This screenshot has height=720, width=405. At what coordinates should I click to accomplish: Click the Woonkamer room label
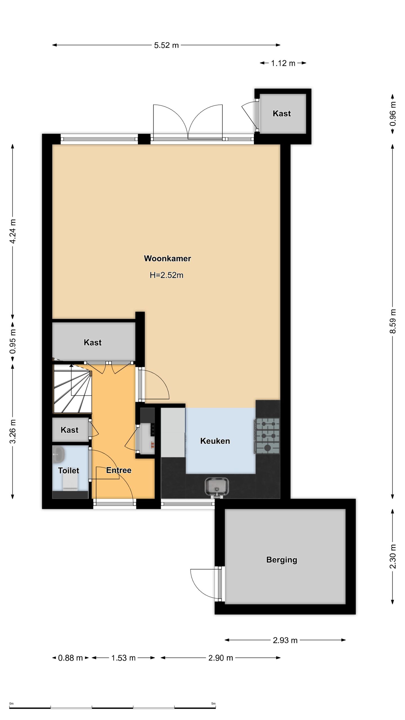pyautogui.click(x=167, y=258)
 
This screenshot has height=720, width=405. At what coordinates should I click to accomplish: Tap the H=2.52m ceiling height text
pyautogui.click(x=166, y=275)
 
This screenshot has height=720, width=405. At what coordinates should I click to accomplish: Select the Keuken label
pyautogui.click(x=215, y=441)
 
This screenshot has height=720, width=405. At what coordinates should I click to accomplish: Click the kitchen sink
pyautogui.click(x=217, y=487)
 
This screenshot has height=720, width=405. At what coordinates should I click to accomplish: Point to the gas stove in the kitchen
pyautogui.click(x=267, y=436)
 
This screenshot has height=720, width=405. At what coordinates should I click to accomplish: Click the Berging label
pyautogui.click(x=282, y=560)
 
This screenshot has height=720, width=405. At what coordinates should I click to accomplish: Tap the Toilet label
pyautogui.click(x=68, y=470)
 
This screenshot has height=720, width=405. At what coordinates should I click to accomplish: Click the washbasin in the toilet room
pyautogui.click(x=58, y=454)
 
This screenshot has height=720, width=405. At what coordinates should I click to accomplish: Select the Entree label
pyautogui.click(x=119, y=470)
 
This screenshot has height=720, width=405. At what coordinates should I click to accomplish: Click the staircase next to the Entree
pyautogui.click(x=73, y=389)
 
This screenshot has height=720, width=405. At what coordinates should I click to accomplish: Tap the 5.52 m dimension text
pyautogui.click(x=166, y=45)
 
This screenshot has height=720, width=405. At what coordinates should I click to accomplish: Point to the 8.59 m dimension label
pyautogui.click(x=393, y=321)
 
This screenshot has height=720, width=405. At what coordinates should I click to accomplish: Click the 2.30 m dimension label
pyautogui.click(x=393, y=556)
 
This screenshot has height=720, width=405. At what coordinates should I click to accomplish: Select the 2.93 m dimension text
pyautogui.click(x=285, y=640)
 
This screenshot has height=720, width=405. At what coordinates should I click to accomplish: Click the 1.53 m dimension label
pyautogui.click(x=123, y=658)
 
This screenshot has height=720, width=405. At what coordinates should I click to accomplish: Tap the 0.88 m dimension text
pyautogui.click(x=70, y=658)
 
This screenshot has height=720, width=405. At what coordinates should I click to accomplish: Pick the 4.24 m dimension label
pyautogui.click(x=13, y=231)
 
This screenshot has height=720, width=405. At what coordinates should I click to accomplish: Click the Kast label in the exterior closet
pyautogui.click(x=282, y=113)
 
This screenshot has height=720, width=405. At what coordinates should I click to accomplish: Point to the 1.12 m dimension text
pyautogui.click(x=283, y=63)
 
